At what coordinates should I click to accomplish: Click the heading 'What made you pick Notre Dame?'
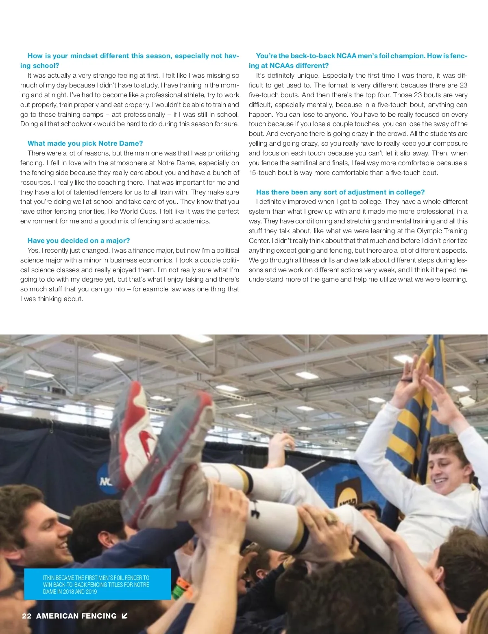pos(85,143)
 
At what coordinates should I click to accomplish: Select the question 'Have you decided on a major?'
pos(78,240)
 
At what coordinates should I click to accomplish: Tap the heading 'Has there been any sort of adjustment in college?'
pos(340,192)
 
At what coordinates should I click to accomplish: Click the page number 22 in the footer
pos(27,616)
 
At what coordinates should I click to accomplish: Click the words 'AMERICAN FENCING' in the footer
pos(76,616)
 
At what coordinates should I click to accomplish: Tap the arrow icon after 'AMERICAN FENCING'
pos(124,616)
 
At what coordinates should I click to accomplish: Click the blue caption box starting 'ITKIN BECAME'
pos(98,584)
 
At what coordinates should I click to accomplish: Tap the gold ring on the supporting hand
pos(330,518)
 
